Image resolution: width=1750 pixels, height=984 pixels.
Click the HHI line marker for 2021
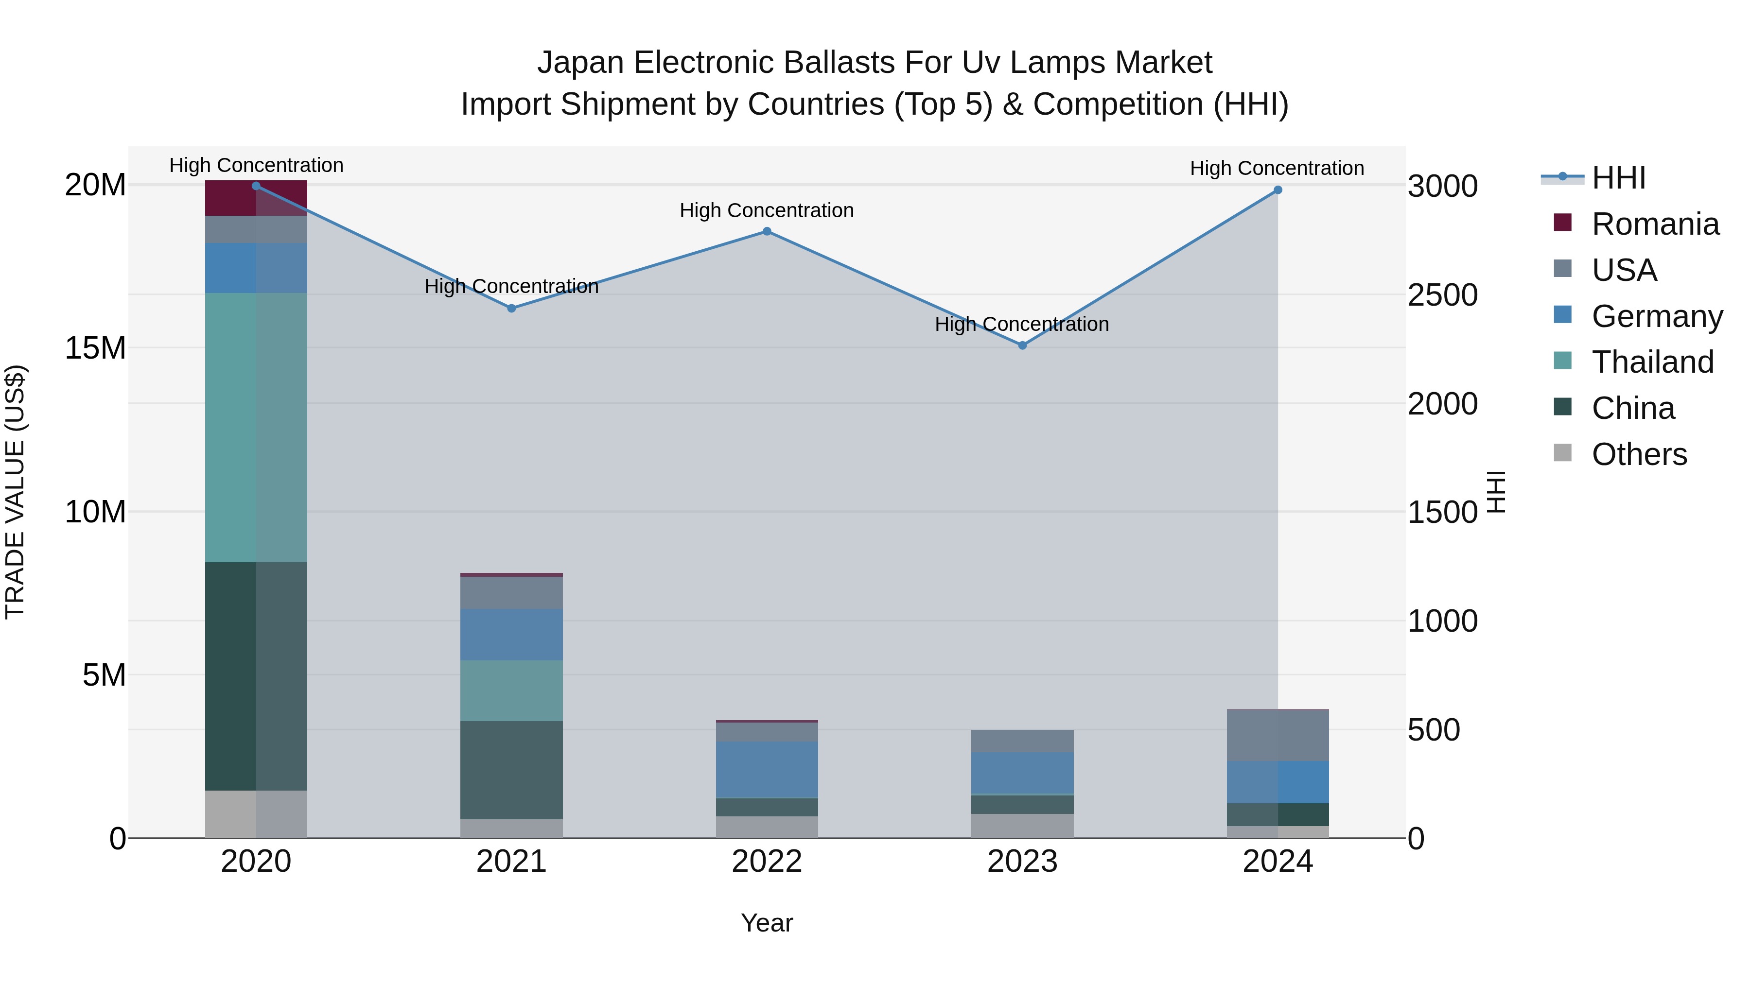coord(511,308)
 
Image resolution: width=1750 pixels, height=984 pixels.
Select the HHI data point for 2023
coord(1022,345)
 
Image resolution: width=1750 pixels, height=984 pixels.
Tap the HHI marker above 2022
coord(767,232)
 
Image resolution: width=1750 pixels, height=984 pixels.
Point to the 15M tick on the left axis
coord(95,348)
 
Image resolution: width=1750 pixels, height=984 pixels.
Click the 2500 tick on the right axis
coord(1442,295)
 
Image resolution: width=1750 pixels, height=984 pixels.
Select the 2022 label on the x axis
coord(767,862)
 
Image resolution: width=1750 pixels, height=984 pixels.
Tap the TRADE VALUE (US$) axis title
coord(15,492)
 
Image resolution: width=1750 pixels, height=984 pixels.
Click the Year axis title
coord(767,923)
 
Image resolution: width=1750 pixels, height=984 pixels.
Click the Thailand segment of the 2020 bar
coord(256,428)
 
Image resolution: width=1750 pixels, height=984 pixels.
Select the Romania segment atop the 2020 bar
coord(256,199)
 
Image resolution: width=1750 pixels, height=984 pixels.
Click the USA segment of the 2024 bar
coord(1278,736)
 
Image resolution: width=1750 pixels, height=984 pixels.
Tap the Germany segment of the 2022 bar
coord(767,769)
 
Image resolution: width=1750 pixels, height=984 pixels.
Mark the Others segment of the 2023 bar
coord(1022,826)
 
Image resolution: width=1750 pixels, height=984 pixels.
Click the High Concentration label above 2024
coord(1277,168)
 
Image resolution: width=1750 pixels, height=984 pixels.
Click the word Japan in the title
coord(580,63)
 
